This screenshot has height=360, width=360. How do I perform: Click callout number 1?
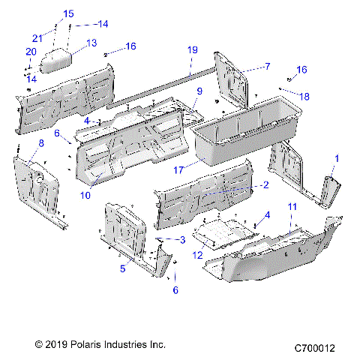point(337,158)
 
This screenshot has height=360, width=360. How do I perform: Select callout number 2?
point(265,184)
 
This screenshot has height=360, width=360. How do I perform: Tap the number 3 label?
point(182,239)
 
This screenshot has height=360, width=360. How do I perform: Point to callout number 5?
point(121,268)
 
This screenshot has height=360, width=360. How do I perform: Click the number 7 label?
point(267,67)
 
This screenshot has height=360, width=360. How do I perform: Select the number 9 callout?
point(199,91)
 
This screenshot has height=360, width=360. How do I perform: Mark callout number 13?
point(92,43)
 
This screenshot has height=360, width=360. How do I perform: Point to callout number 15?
point(68,13)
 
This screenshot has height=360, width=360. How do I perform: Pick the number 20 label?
point(31,52)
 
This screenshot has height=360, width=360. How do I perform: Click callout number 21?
point(36,38)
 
